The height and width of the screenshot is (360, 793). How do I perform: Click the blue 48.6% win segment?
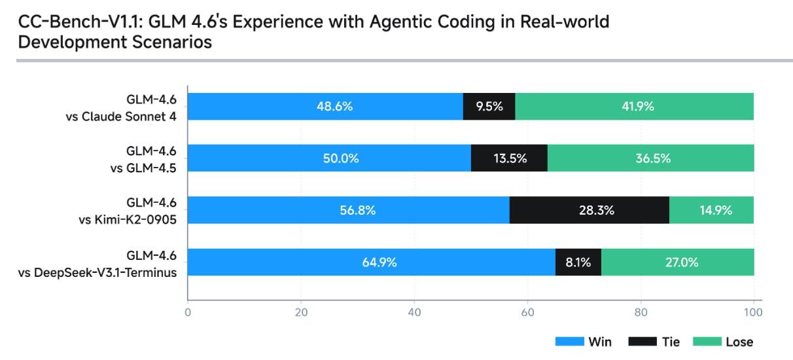point(325,106)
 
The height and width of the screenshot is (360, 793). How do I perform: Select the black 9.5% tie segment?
point(489,106)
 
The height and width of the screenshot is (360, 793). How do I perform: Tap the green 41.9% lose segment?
point(634,106)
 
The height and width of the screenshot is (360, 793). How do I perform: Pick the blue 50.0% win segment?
point(329,158)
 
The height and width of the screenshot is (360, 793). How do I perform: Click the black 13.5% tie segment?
point(509,158)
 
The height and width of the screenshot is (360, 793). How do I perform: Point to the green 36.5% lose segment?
point(650,158)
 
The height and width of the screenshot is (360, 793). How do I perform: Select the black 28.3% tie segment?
point(589,210)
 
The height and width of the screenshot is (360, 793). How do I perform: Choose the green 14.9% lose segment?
point(711,210)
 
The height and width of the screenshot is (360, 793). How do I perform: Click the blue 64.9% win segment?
point(372,262)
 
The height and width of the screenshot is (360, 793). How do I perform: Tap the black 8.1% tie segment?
point(578,262)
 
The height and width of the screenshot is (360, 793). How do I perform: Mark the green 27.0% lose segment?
point(677,262)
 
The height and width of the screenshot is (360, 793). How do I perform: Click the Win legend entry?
point(584,342)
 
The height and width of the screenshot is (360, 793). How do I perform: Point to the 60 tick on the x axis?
point(527,312)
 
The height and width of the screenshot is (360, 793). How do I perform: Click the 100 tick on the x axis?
point(753,312)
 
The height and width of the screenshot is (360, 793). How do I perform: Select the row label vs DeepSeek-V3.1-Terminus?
point(97,272)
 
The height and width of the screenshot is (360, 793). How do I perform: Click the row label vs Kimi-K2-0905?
point(127,221)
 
